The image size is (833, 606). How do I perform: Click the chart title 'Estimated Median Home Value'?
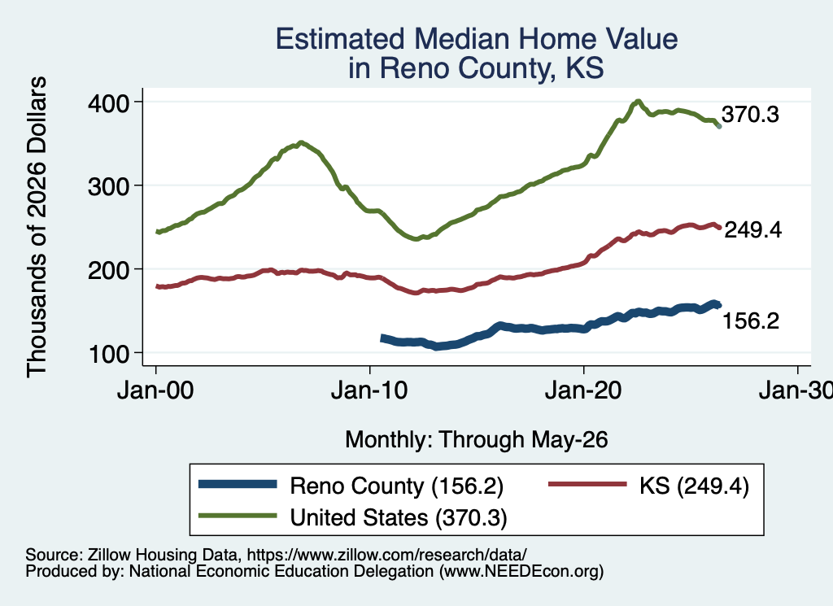click(x=477, y=39)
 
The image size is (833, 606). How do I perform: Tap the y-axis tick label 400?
click(x=109, y=103)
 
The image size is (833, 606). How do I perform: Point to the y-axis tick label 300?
click(x=109, y=186)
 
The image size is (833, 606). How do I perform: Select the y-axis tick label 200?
click(x=109, y=270)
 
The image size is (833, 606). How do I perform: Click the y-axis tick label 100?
click(x=109, y=354)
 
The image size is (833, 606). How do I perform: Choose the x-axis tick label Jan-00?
click(x=155, y=390)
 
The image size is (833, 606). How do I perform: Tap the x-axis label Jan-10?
click(x=369, y=390)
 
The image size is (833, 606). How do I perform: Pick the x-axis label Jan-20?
click(x=583, y=390)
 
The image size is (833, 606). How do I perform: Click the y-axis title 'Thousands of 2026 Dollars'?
click(x=37, y=227)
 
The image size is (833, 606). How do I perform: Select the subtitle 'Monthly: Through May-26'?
click(x=477, y=440)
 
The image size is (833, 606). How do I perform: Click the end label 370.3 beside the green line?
click(x=750, y=114)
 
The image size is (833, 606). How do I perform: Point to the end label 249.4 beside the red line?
click(x=752, y=230)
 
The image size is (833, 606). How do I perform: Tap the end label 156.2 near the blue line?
click(x=751, y=320)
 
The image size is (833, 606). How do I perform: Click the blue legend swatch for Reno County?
click(x=238, y=484)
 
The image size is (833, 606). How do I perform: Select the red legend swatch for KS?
click(x=587, y=484)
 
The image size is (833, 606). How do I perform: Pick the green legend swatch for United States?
click(x=238, y=516)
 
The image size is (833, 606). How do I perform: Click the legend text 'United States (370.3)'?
click(x=399, y=518)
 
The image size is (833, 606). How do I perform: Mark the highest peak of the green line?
click(x=638, y=102)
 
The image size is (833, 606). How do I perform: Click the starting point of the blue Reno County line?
click(x=382, y=338)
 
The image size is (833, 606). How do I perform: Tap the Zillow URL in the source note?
click(x=386, y=555)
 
